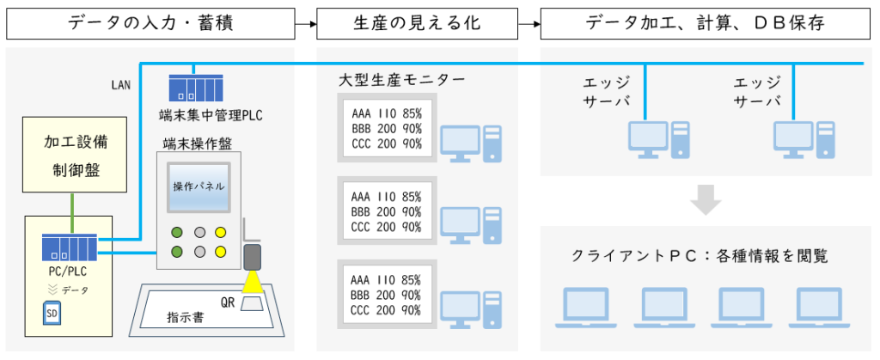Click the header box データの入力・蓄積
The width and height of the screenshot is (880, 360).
pyautogui.click(x=150, y=23)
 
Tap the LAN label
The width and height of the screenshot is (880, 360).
pyautogui.click(x=119, y=86)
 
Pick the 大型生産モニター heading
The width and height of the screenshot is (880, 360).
pyautogui.click(x=401, y=82)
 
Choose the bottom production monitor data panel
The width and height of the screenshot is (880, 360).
pyautogui.click(x=387, y=296)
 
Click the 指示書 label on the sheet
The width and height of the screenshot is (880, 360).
pyautogui.click(x=186, y=317)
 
